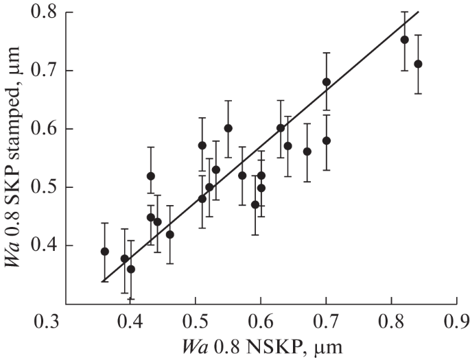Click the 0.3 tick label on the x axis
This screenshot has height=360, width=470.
coord(65,320)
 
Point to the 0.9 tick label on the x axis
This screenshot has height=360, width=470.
coord(456,320)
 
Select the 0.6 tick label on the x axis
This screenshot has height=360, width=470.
coord(261,320)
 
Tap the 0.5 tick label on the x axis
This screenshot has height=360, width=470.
coord(196,320)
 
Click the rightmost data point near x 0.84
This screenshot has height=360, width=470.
coord(418,64)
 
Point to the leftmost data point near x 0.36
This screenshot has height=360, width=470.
coord(104,251)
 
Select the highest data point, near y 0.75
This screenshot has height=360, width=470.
coord(405,40)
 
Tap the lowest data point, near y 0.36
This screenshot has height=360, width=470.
coord(131,269)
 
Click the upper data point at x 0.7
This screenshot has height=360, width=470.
coord(327,82)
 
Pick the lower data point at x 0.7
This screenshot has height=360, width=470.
coord(327,141)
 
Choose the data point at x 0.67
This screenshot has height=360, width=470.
coord(307,152)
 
